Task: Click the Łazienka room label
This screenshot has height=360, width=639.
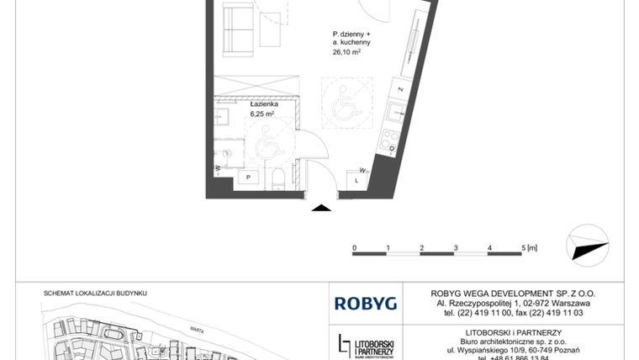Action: click(x=261, y=103)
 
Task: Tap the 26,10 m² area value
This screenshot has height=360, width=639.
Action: click(x=346, y=50)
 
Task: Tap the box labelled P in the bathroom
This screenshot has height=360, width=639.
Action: click(x=249, y=177)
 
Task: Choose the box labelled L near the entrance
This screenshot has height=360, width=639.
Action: click(x=356, y=180)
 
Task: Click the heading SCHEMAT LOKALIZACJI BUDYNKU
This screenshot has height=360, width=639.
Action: click(x=95, y=293)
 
